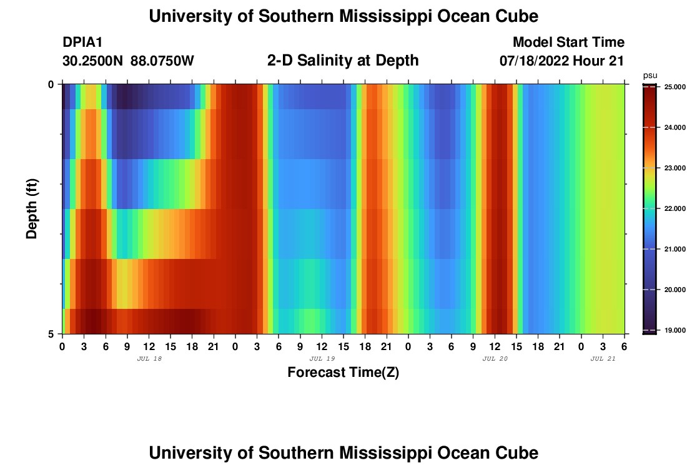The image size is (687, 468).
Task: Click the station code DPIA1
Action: pos(82,42)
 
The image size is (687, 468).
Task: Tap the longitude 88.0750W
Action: pos(162,61)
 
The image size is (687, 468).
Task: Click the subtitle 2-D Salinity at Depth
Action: pos(343,61)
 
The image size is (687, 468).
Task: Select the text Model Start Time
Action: pos(568,42)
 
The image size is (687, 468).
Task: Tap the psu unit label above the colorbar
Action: pos(650,76)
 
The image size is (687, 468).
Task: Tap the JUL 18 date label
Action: pos(149,359)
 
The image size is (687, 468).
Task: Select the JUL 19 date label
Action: pos(322,359)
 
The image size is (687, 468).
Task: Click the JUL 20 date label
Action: pos(495,359)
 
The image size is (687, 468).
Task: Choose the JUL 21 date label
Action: pos(603,359)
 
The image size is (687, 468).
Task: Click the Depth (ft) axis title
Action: pos(32,208)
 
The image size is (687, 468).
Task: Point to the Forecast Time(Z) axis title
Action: pos(343,373)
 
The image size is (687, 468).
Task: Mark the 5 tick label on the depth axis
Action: pos(51,334)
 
